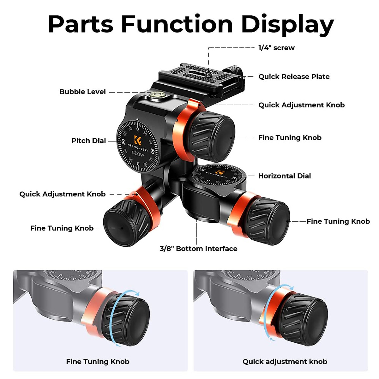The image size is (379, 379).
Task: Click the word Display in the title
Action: click(287, 24)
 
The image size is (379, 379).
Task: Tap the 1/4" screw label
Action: click(276, 48)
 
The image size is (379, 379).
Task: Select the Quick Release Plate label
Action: click(294, 77)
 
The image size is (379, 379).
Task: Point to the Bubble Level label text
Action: click(82, 92)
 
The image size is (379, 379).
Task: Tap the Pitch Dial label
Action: click(88, 141)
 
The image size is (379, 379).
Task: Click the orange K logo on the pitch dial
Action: click(138, 140)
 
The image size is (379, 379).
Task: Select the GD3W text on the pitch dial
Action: click(138, 154)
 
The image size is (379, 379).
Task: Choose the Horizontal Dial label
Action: click(284, 176)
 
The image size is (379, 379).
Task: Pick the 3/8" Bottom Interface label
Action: click(198, 249)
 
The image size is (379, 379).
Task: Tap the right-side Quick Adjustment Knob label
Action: click(301, 105)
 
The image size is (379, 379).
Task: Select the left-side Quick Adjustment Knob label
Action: click(63, 194)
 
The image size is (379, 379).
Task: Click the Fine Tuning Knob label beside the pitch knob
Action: click(290, 138)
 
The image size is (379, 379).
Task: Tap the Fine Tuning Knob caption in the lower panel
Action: click(98, 362)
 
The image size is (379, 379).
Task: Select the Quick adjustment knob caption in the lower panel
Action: click(285, 362)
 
